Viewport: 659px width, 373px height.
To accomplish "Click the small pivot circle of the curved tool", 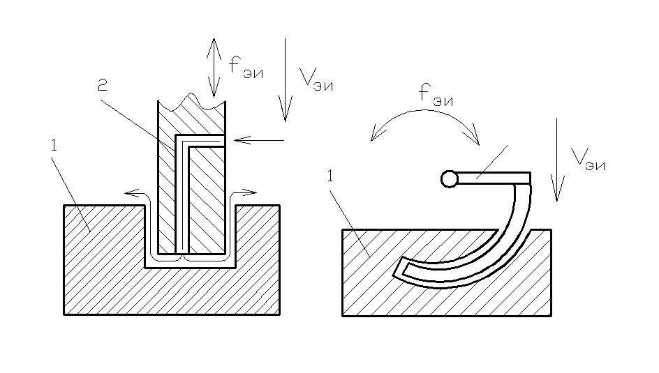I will (450, 179).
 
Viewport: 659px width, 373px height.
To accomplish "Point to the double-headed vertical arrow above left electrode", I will (213, 66).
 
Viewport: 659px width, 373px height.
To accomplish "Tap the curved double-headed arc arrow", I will (425, 120).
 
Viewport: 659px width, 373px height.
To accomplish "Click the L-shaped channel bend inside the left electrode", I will (179, 139).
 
